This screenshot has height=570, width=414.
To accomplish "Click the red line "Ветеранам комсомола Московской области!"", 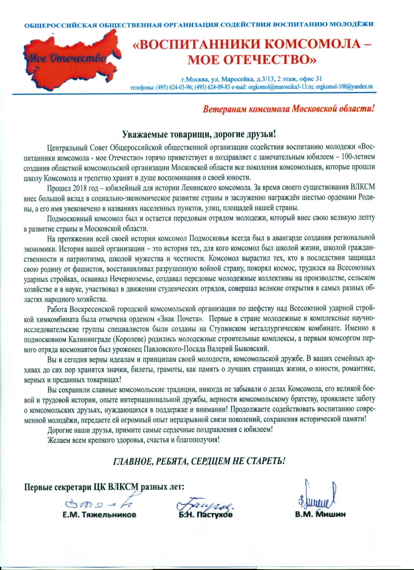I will tap(289, 109).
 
